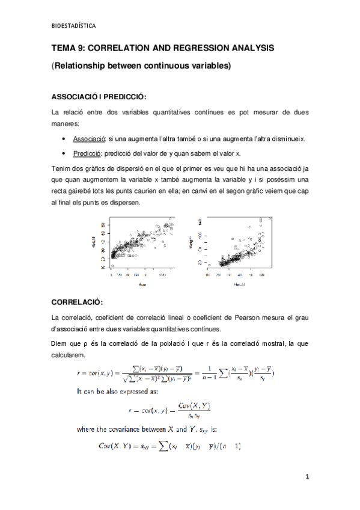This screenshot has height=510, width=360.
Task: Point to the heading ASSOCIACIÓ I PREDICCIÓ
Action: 99,96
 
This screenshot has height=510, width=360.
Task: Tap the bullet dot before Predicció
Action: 64,153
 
